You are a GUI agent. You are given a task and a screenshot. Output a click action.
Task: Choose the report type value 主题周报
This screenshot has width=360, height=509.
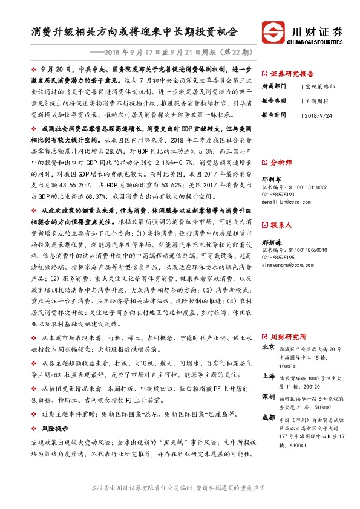tap(316, 100)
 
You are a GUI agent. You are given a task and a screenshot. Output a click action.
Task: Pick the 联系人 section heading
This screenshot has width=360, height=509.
tap(280, 224)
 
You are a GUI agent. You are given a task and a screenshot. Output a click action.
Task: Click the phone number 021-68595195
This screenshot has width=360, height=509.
tap(280, 258)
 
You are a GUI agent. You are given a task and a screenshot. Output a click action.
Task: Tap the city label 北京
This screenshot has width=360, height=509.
tap(269, 348)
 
